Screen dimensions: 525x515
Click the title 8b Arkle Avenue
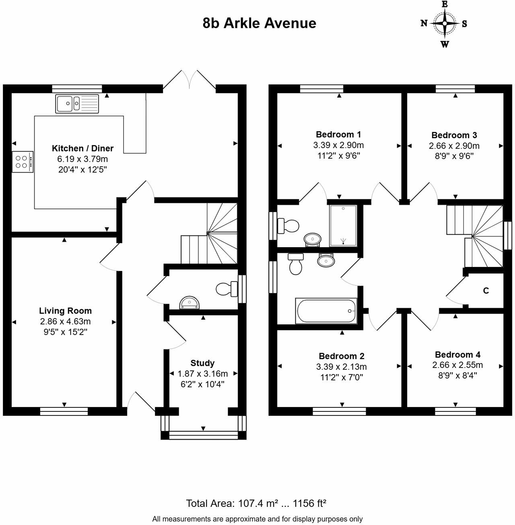259,23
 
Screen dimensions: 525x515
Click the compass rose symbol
444,24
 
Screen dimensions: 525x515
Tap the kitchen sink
77,104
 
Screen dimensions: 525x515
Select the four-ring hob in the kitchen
23,161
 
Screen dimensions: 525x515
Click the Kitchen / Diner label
82,148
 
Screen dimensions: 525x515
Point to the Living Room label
65,311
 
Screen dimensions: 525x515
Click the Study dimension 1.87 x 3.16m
203,374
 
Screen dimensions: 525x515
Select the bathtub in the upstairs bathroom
326,311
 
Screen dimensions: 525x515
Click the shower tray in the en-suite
343,225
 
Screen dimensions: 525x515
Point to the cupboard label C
486,291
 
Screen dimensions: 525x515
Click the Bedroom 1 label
338,134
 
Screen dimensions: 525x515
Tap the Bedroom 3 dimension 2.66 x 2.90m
454,146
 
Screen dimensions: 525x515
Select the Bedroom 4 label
457,355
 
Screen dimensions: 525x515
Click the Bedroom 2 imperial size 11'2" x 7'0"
341,378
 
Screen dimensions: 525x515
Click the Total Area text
256,503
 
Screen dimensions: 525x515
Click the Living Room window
64,411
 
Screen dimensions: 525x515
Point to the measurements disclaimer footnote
257,519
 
